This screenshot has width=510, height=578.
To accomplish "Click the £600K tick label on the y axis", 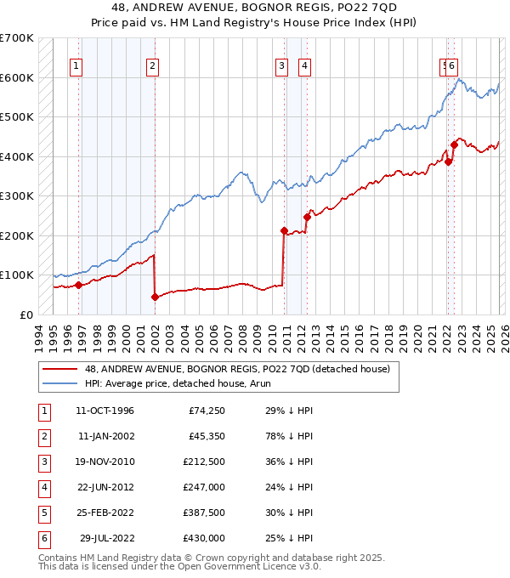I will tap(16, 77).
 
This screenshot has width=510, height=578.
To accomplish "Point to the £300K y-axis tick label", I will tap(16, 195).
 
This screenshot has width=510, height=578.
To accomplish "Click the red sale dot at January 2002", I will tap(155, 297).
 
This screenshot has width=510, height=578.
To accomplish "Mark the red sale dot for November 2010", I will tap(284, 230).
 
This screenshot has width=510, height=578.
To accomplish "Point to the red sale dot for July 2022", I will tap(454, 144).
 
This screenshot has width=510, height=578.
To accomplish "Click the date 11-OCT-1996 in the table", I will tap(105, 411).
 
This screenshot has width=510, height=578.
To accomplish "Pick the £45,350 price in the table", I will tap(207, 436).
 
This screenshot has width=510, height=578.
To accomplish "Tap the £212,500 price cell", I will tap(204, 462).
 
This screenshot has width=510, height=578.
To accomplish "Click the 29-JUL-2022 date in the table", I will tap(106, 538).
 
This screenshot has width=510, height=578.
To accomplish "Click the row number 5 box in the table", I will tap(42, 513).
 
